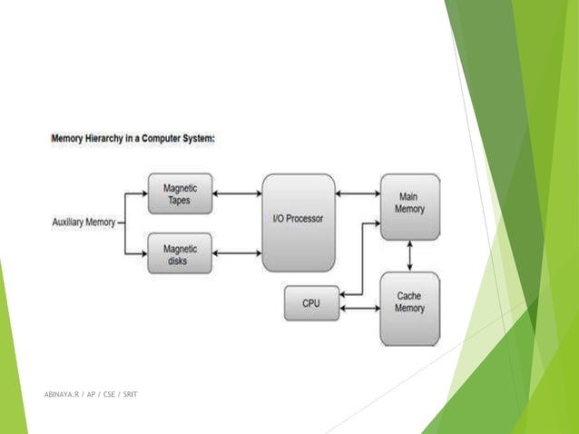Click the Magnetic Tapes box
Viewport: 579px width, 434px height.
coord(180,194)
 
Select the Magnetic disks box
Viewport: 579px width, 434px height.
coord(180,253)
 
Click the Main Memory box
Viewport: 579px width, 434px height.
coord(409,206)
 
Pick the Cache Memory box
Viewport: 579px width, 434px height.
coord(409,308)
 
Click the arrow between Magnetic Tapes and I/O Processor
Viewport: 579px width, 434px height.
coord(237,193)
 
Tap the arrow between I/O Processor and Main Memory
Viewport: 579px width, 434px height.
coord(357,193)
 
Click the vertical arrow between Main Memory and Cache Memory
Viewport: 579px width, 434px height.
coord(409,255)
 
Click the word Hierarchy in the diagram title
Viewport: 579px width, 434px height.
coord(111,140)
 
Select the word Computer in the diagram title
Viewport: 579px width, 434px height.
coord(173,140)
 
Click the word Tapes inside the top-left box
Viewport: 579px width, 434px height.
coord(180,201)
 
